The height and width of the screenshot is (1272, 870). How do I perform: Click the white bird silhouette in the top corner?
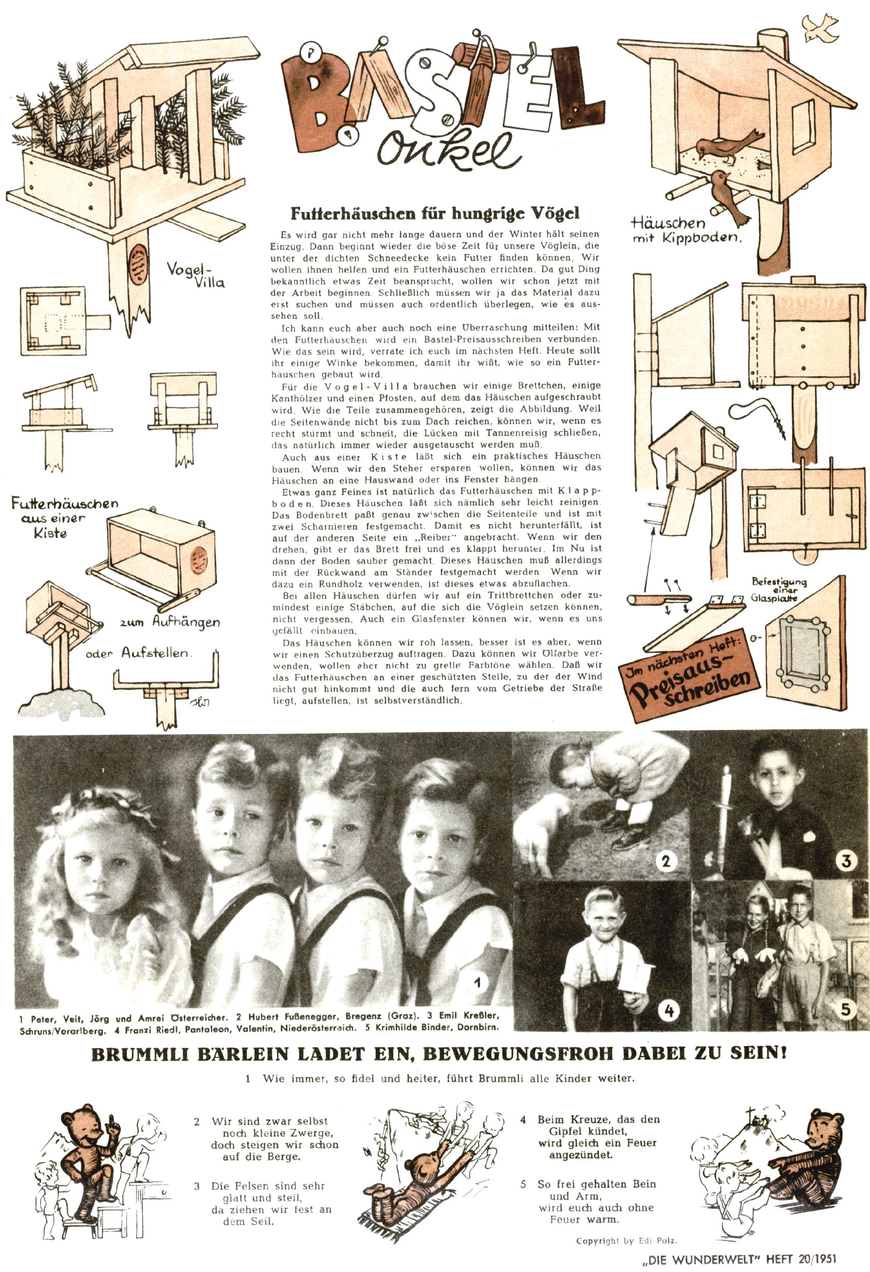pyautogui.click(x=820, y=28)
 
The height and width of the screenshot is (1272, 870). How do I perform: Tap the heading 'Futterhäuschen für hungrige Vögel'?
pyautogui.click(x=434, y=213)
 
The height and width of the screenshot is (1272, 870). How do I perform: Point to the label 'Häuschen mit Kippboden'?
pyautogui.click(x=685, y=230)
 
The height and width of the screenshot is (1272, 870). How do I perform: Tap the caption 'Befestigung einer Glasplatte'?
pyautogui.click(x=778, y=589)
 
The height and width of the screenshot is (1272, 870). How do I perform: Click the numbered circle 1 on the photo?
pyautogui.click(x=478, y=983)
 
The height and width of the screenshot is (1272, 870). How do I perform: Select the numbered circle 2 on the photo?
pyautogui.click(x=665, y=862)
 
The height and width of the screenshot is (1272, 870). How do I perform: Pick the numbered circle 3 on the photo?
pyautogui.click(x=845, y=861)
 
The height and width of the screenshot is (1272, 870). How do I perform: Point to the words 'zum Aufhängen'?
pyautogui.click(x=170, y=622)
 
